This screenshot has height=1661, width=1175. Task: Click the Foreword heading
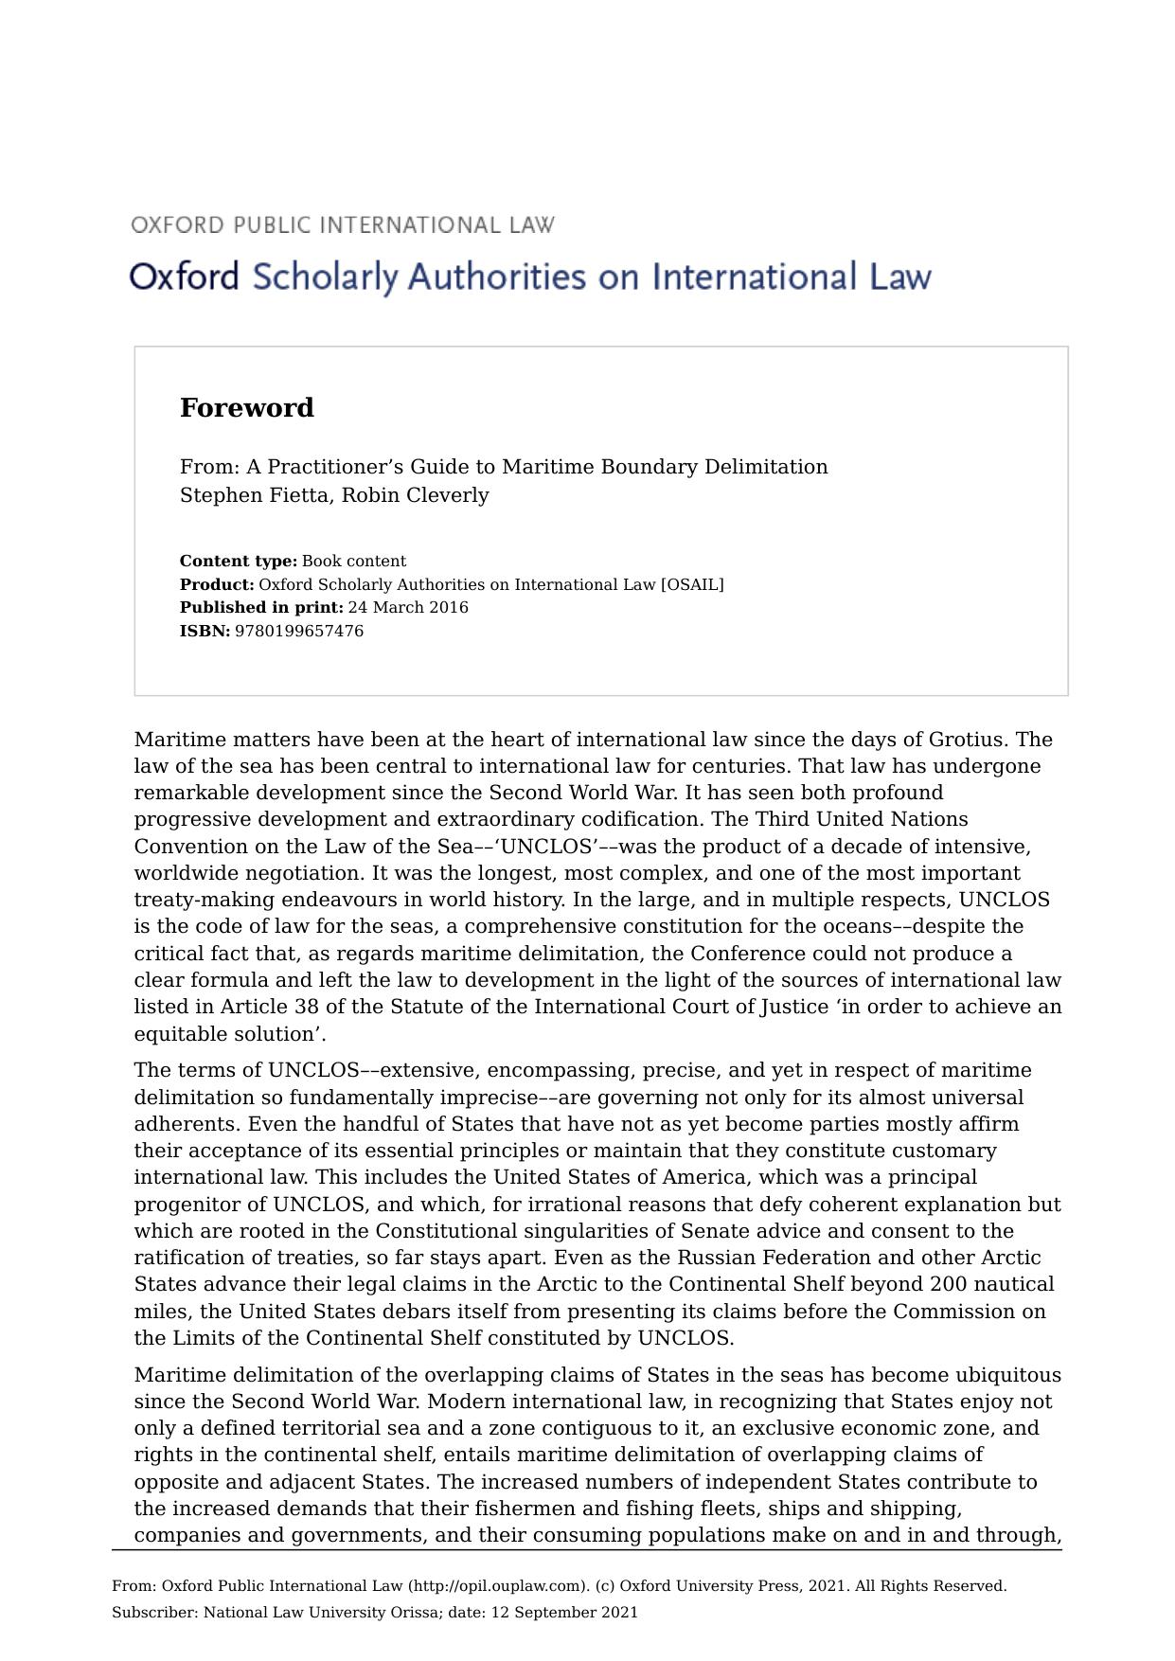(x=247, y=408)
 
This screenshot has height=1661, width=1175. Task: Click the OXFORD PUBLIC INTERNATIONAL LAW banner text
(x=343, y=225)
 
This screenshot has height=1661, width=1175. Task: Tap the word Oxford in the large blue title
(x=184, y=277)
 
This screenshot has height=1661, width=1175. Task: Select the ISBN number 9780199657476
(x=298, y=632)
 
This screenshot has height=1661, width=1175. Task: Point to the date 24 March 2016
(x=407, y=608)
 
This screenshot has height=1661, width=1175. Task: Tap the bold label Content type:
(x=239, y=562)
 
